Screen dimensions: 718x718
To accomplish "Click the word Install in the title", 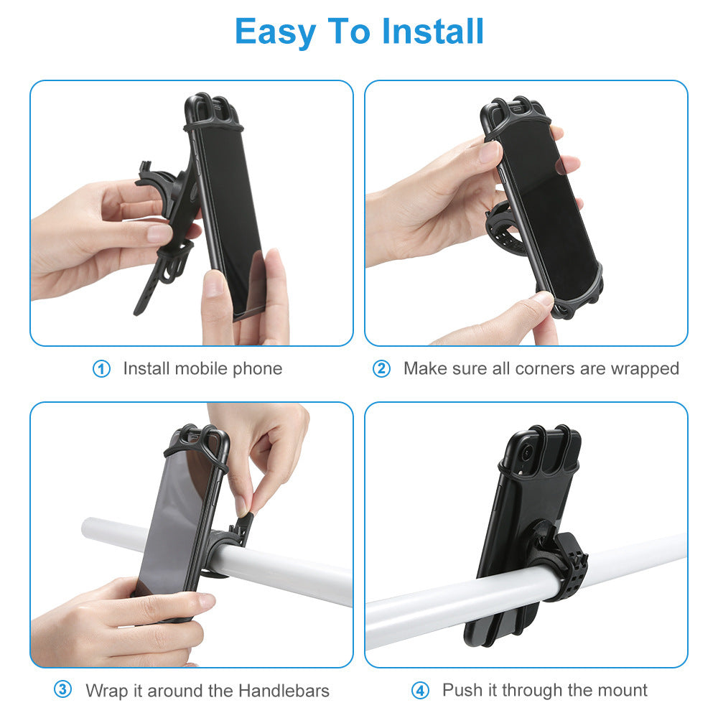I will [x=433, y=32].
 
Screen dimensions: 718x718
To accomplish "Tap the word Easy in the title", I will [x=276, y=32].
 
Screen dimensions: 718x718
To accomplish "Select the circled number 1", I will [x=102, y=369].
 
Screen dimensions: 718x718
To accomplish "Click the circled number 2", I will [x=381, y=369].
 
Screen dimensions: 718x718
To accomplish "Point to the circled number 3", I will [x=63, y=690].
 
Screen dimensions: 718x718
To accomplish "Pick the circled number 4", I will [x=420, y=691].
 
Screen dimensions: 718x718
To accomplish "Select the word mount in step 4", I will [x=621, y=691].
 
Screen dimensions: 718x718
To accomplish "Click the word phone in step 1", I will [x=256, y=369].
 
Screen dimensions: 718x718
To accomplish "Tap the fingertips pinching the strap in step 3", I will [x=244, y=506].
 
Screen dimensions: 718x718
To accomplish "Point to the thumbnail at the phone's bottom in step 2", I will [x=544, y=299].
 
